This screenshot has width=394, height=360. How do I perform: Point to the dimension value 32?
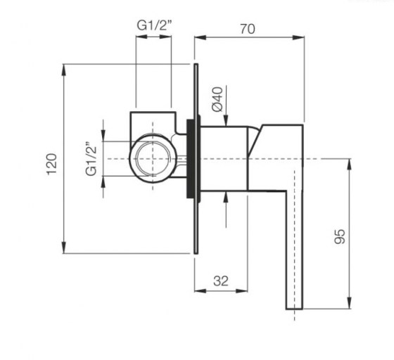220,281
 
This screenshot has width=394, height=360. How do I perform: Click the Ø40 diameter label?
217,98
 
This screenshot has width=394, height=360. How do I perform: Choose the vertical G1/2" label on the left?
90,160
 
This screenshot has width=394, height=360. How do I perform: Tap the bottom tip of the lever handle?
294,307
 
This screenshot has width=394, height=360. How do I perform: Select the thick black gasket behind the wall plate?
189,159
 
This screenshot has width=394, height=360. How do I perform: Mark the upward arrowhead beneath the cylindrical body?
226,195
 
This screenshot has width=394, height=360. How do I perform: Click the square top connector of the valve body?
153,120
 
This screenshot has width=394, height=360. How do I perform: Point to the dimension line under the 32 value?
222,290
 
